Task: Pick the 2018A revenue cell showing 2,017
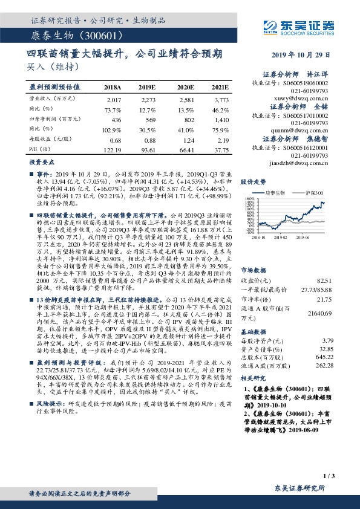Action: [x=114, y=99]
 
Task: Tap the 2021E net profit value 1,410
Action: [x=222, y=120]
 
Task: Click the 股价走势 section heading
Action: [x=254, y=181]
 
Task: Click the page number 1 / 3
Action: [x=329, y=475]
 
